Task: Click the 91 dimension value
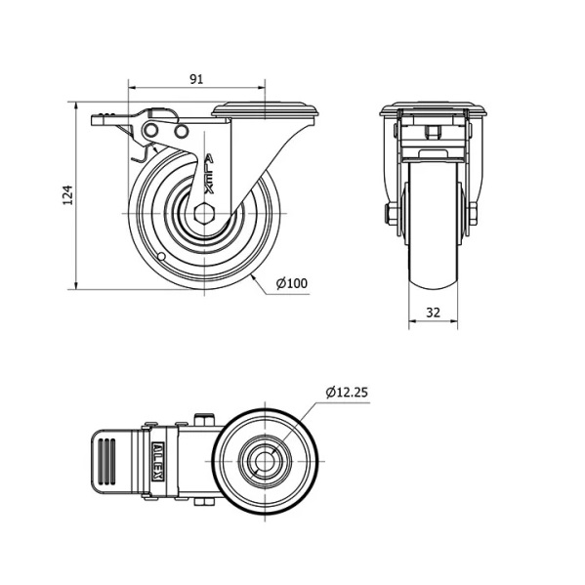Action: click(196, 79)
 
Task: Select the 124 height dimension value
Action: click(67, 194)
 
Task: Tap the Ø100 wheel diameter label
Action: click(292, 283)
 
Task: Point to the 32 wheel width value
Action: click(433, 313)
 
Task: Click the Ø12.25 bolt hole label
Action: click(347, 392)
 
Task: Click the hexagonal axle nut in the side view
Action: click(204, 214)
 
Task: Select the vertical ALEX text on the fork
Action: click(210, 174)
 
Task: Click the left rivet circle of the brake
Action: click(151, 131)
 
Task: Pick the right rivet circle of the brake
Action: click(181, 131)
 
